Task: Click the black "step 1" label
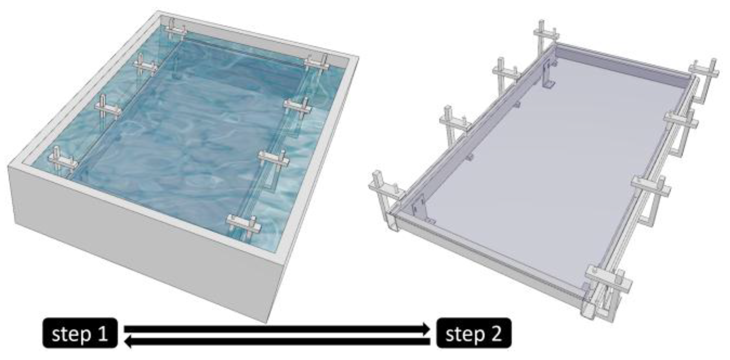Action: click(x=80, y=333)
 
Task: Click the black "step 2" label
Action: click(x=474, y=333)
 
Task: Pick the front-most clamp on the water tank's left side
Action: click(x=62, y=161)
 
